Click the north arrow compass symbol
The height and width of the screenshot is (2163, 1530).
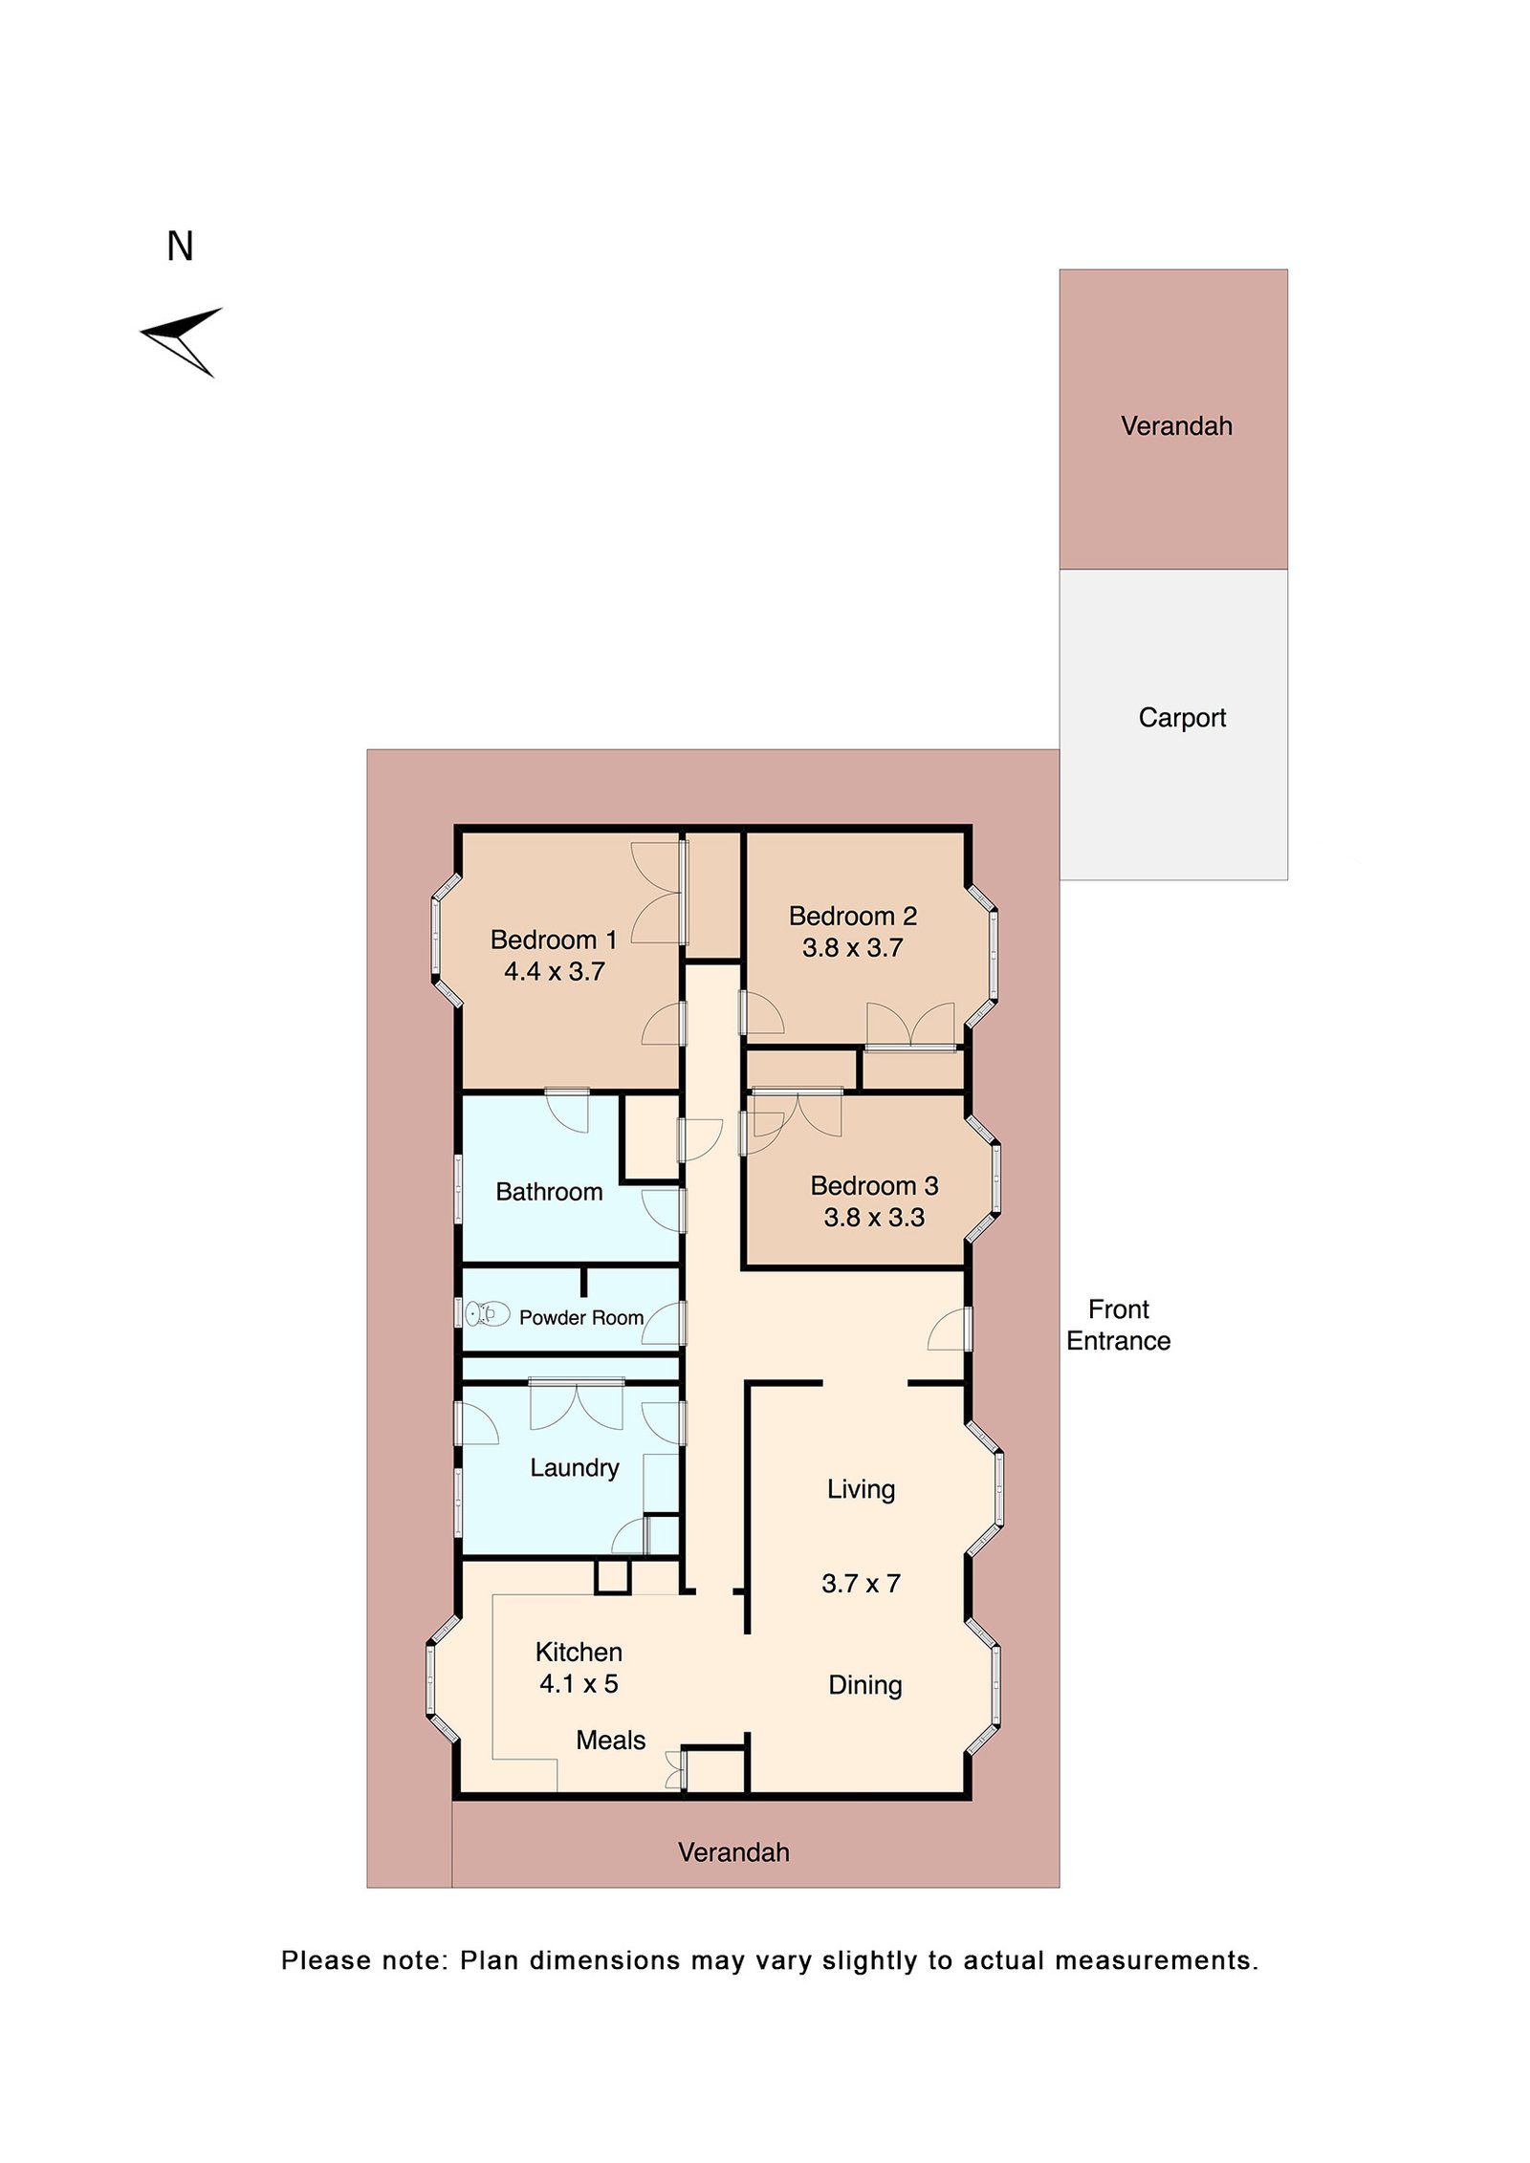182,339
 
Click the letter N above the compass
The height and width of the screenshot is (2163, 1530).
180,247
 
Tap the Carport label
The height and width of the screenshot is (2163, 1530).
1181,717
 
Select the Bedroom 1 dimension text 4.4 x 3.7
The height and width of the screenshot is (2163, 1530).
554,971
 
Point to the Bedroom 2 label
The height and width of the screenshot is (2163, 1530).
852,916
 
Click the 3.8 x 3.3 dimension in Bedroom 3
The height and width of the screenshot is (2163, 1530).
873,1217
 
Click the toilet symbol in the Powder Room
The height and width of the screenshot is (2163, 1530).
488,1314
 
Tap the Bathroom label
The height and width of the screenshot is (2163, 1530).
549,1191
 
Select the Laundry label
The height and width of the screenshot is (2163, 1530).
574,1467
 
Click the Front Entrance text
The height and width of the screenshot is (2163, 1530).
1118,1325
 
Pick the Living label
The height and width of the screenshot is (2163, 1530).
861,1488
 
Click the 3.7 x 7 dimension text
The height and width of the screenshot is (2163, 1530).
861,1583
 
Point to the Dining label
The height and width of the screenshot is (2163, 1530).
864,1684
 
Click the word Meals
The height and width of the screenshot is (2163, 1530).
610,1740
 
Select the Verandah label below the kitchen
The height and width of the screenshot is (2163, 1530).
733,1852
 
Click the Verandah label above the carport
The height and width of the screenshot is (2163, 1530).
1175,425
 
